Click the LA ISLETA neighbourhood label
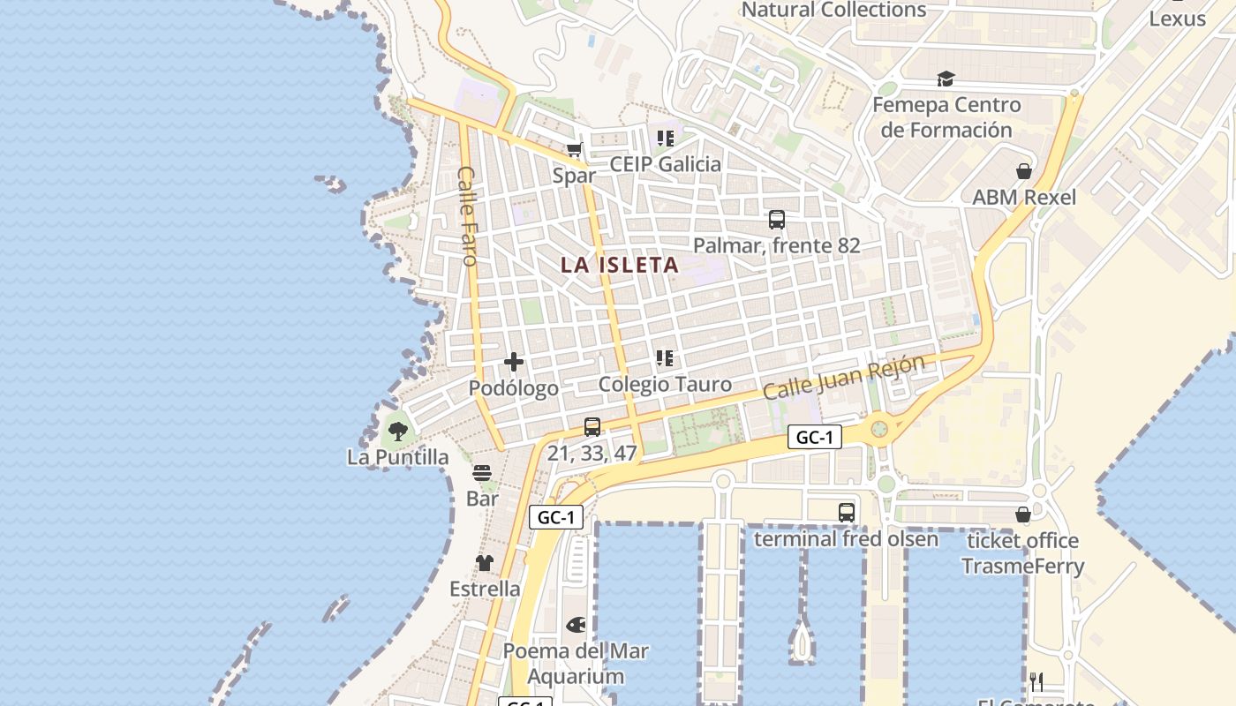pyautogui.click(x=620, y=265)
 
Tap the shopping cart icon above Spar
pyautogui.click(x=575, y=150)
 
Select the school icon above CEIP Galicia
pyautogui.click(x=665, y=139)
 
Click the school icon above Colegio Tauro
pyautogui.click(x=665, y=358)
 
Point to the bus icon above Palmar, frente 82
pyautogui.click(x=777, y=220)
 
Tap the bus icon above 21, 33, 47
pyautogui.click(x=592, y=427)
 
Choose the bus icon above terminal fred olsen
pyautogui.click(x=846, y=512)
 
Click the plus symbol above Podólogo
pyautogui.click(x=514, y=362)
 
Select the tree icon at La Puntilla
pyautogui.click(x=398, y=432)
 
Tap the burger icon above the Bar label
pyautogui.click(x=482, y=473)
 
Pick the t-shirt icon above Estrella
pyautogui.click(x=485, y=563)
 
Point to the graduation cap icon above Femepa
pyautogui.click(x=946, y=79)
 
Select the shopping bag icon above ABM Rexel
pyautogui.click(x=1024, y=171)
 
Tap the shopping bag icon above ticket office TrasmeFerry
pyautogui.click(x=1023, y=514)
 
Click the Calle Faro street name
pyautogui.click(x=467, y=216)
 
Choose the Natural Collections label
pyautogui.click(x=833, y=10)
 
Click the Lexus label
pyautogui.click(x=1177, y=19)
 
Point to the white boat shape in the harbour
pyautogui.click(x=802, y=642)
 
